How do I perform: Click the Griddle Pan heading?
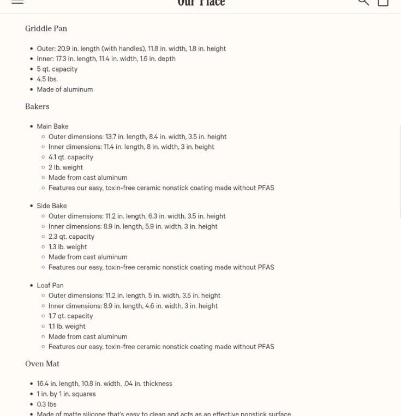click(x=46, y=28)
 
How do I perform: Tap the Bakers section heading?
click(x=37, y=106)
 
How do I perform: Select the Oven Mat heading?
click(x=42, y=364)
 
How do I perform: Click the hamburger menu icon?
click(x=17, y=2)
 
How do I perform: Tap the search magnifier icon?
click(x=363, y=2)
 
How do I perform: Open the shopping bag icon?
click(x=383, y=2)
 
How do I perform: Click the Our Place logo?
click(x=201, y=3)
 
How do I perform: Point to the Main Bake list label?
click(x=52, y=126)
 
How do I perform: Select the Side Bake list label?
click(x=52, y=206)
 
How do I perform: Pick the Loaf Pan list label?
click(x=50, y=285)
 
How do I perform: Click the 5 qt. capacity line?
click(x=57, y=69)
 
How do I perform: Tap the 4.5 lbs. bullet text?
click(x=47, y=79)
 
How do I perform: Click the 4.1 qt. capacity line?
click(x=71, y=157)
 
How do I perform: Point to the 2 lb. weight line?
click(x=65, y=167)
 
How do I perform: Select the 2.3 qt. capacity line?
click(x=71, y=237)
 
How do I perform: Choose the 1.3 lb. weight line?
click(x=68, y=247)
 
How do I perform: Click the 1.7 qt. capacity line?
click(x=70, y=316)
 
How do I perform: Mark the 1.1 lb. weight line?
click(x=67, y=327)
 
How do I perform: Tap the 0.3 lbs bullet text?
click(x=46, y=405)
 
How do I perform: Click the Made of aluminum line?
click(x=64, y=89)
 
